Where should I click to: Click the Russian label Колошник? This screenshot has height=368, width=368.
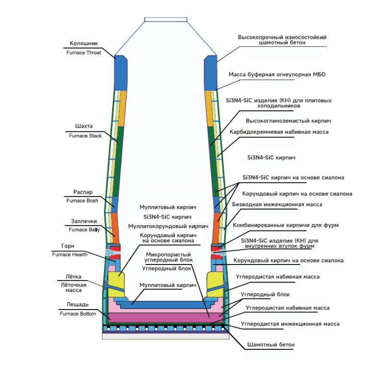point(80,43)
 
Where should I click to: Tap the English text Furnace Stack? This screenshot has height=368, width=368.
point(85,136)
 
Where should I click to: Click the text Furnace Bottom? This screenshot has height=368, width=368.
point(78,314)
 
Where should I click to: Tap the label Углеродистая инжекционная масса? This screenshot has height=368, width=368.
point(290,324)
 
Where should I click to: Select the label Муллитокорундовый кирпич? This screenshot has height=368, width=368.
point(168,225)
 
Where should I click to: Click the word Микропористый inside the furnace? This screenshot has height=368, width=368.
point(168,254)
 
